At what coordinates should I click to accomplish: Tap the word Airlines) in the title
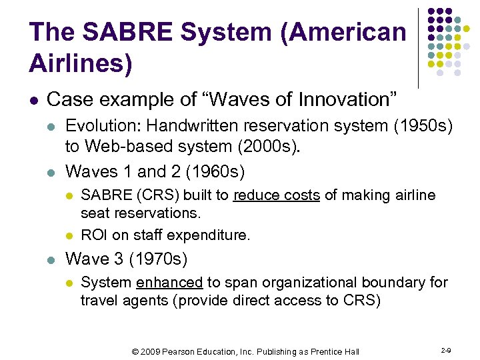coord(81,63)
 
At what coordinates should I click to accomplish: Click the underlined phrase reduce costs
coord(276,195)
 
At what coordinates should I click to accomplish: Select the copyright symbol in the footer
coord(135,351)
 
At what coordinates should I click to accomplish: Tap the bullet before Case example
coord(33,101)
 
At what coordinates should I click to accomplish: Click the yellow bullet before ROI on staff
coord(69,235)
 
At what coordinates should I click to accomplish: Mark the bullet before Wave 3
coord(51,259)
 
